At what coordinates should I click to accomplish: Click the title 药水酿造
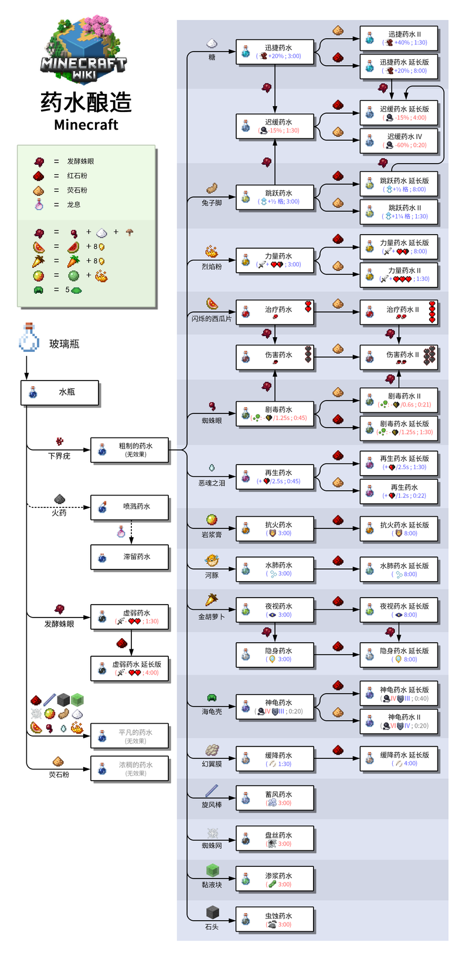86,102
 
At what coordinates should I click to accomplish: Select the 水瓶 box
60,392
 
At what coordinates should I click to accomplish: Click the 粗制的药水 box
130,450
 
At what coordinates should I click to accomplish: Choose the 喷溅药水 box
130,507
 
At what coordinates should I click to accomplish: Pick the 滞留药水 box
130,557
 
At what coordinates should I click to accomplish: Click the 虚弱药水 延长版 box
130,669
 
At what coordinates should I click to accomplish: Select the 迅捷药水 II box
399,38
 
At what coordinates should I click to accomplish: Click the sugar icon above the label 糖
212,43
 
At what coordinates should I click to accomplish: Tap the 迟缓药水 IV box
399,141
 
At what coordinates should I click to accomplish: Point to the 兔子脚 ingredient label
212,203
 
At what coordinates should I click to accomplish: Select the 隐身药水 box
275,654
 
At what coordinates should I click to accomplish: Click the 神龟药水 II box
399,721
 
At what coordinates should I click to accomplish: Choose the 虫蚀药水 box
275,920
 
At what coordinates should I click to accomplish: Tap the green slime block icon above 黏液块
212,870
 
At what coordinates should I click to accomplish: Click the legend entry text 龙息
74,205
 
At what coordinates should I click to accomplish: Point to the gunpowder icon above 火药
59,499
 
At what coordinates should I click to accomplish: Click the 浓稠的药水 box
130,768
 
